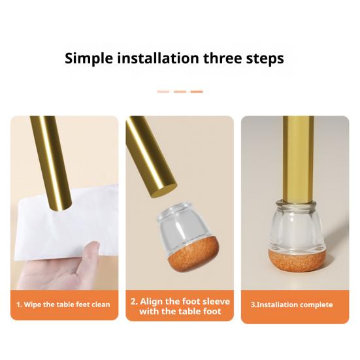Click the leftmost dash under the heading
click(x=163, y=91)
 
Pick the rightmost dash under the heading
click(x=197, y=91)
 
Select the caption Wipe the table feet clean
click(x=63, y=304)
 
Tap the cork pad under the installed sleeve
click(x=297, y=261)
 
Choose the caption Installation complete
click(x=292, y=304)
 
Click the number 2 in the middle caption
click(x=133, y=301)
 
